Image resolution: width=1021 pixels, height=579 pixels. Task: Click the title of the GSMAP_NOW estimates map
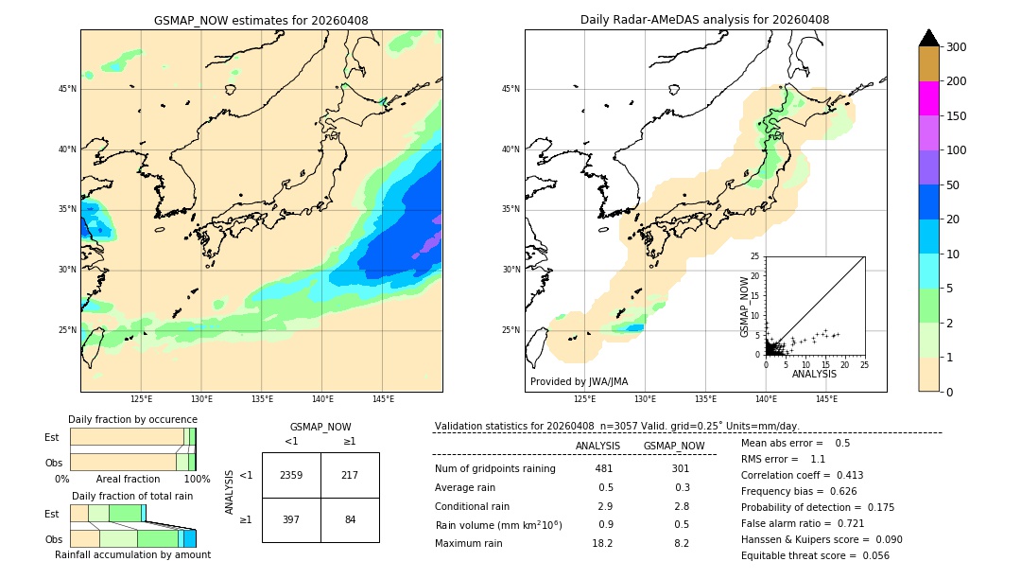261,20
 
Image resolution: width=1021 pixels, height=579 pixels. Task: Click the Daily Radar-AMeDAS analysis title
704,20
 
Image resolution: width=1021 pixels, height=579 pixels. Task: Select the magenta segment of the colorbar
929,98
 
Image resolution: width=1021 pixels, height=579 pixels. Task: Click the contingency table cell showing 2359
291,475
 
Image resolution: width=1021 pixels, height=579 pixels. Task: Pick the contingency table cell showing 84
350,519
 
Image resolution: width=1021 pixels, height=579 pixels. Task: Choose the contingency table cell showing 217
350,475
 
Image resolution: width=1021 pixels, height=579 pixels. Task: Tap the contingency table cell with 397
291,519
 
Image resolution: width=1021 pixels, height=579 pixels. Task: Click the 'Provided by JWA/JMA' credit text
579,382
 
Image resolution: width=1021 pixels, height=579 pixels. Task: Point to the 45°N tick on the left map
67,89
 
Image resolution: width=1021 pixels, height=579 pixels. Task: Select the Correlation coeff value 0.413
843,475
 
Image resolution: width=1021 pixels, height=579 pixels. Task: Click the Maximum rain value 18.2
602,543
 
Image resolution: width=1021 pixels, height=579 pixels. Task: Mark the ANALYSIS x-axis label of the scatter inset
814,374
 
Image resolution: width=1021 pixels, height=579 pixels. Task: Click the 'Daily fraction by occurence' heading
132,419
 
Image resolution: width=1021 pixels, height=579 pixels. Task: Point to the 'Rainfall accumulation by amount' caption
132,554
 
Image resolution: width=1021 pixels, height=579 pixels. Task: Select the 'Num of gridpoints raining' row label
495,469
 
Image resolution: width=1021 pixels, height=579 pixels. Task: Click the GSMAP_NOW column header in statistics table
674,446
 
